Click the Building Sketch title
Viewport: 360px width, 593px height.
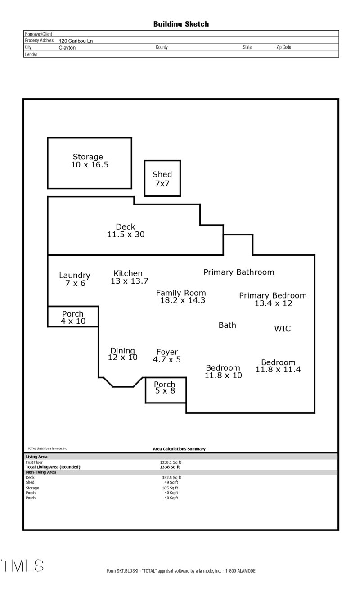(181, 24)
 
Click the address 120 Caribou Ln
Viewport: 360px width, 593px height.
(76, 41)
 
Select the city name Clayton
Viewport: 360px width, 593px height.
(67, 47)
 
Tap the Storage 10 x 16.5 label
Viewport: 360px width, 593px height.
(89, 161)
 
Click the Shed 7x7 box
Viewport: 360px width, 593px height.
(162, 179)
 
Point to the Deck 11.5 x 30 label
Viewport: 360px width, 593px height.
(126, 231)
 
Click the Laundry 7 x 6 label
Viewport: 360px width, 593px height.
(75, 279)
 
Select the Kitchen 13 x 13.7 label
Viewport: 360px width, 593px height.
(129, 277)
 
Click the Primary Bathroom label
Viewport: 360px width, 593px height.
(238, 272)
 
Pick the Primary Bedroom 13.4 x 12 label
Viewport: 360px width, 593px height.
(273, 299)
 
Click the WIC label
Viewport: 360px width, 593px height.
(282, 329)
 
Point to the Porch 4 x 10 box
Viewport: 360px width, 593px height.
(73, 317)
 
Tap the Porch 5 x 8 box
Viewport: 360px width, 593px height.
(165, 388)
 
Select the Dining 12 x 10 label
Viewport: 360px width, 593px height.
(122, 354)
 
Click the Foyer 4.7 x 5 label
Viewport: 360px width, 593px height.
(167, 356)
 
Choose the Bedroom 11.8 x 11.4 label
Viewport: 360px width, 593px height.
(278, 366)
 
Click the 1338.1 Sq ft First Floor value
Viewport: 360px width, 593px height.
(171, 462)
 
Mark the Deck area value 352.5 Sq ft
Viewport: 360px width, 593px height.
(171, 477)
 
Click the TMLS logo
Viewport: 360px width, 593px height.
(22, 566)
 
